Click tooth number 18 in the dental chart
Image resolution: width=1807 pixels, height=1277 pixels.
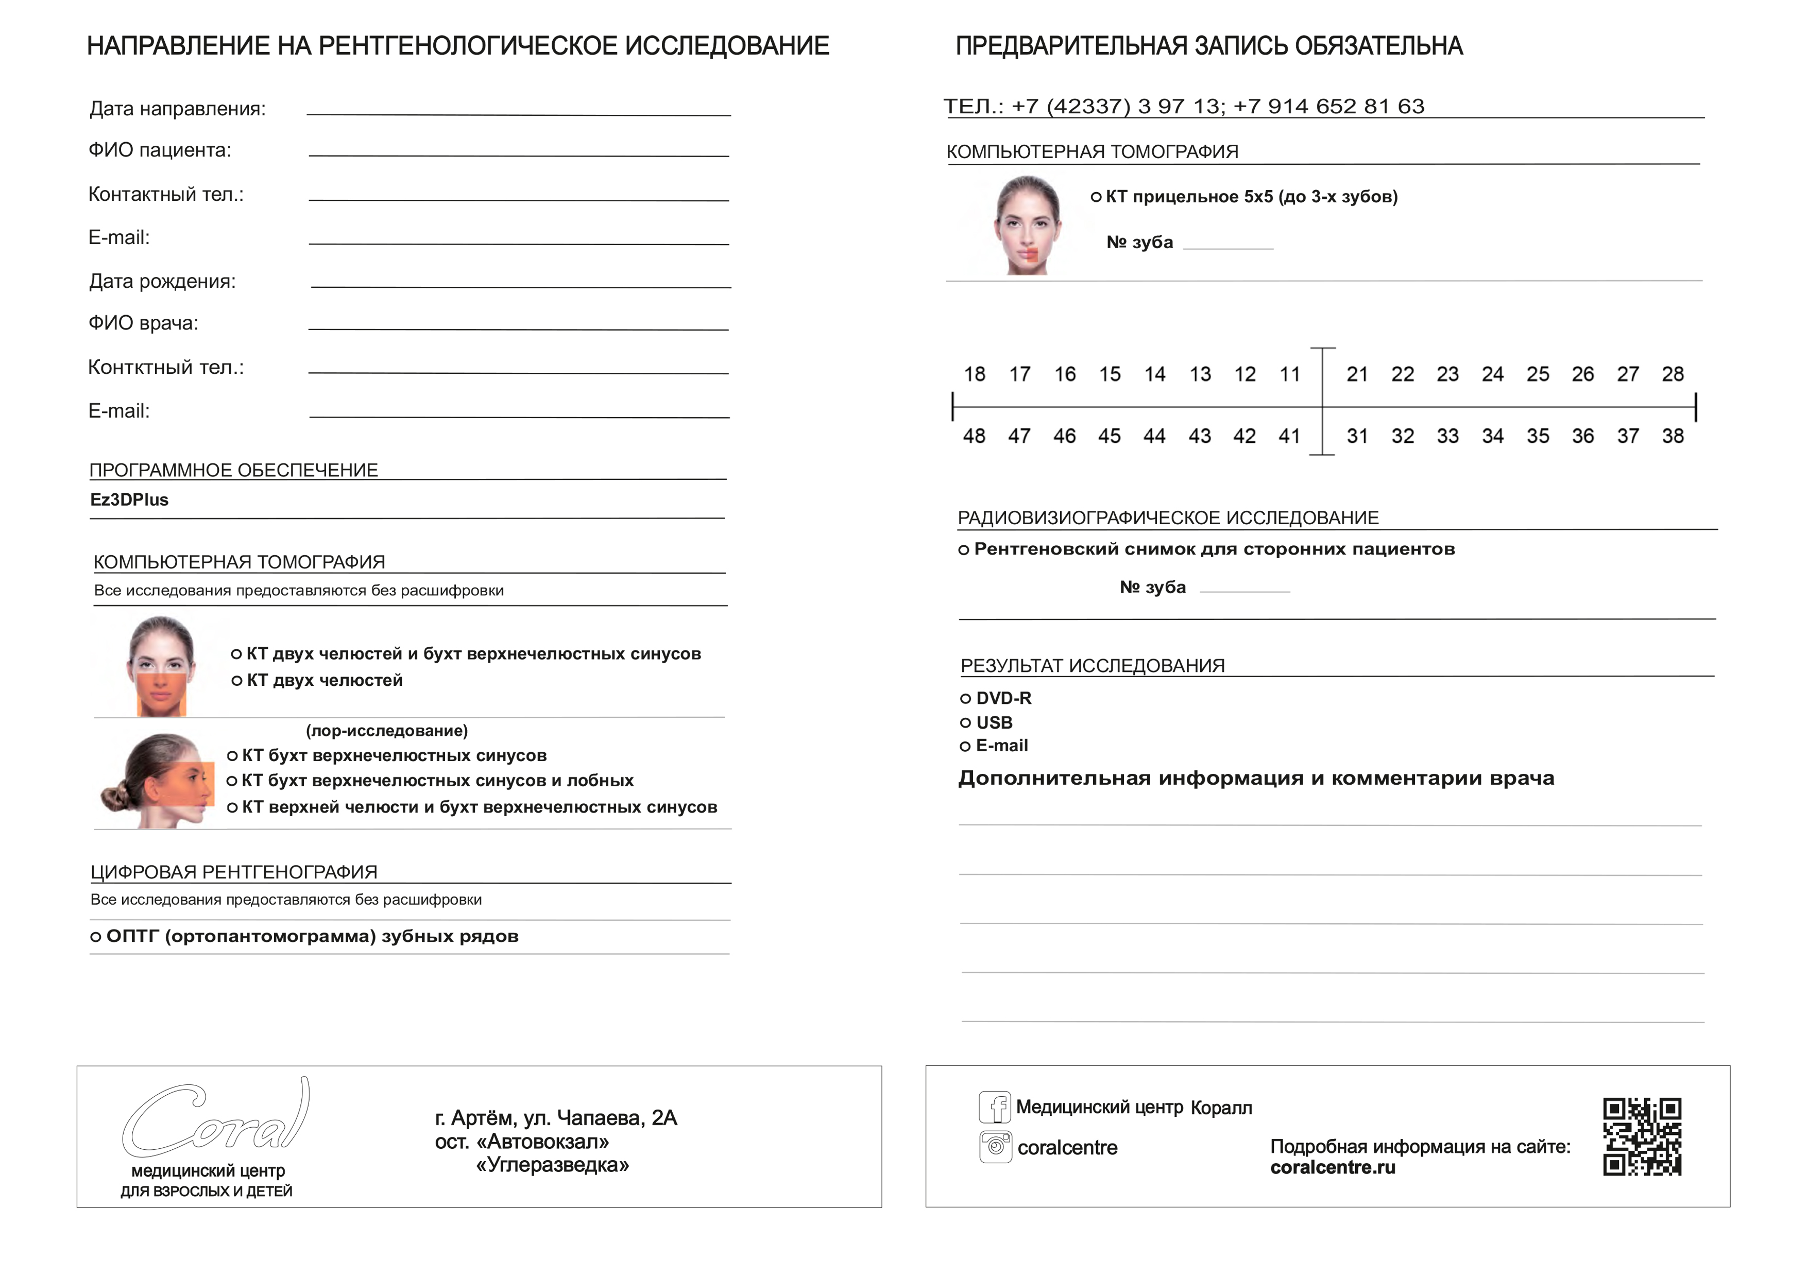point(975,374)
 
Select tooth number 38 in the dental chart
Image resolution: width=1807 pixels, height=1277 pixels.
point(1673,437)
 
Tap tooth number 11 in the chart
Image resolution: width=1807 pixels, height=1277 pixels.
point(1290,374)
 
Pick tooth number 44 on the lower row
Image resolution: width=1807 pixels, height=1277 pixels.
point(1154,437)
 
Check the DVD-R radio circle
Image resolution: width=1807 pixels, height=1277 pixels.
point(965,699)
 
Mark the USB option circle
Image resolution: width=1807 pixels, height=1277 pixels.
point(965,723)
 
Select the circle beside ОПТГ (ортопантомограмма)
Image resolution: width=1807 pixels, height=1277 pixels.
point(95,937)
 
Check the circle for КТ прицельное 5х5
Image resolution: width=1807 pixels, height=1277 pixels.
point(1096,198)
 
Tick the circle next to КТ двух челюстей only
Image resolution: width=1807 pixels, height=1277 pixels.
point(236,681)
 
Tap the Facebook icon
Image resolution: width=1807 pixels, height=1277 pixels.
point(995,1107)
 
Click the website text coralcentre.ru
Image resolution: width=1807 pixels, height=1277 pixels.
point(1333,1168)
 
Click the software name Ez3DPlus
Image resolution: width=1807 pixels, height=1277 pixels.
point(129,501)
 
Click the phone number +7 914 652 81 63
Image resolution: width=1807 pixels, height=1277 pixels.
point(1328,106)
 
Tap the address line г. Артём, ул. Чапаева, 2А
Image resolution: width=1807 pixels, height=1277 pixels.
point(556,1118)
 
